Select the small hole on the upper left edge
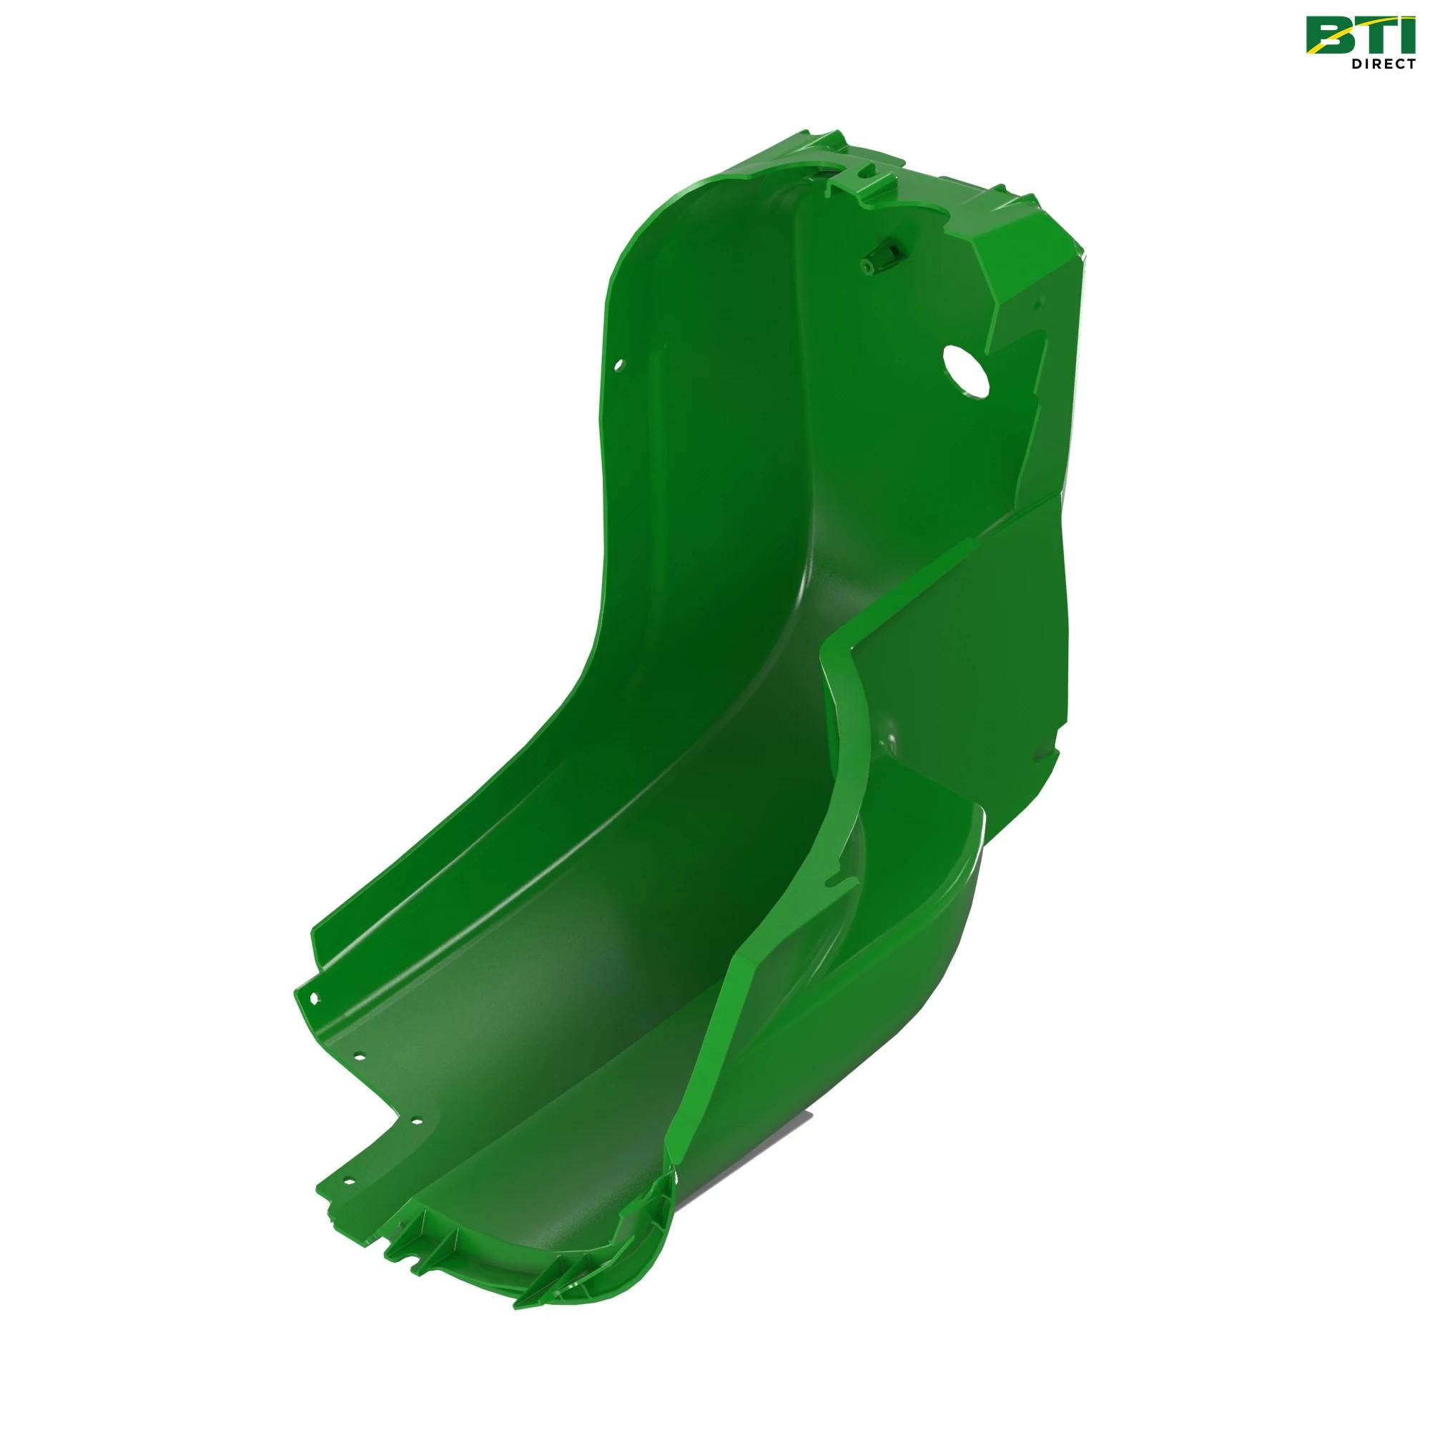(620, 363)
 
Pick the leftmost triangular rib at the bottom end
(393, 1243)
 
